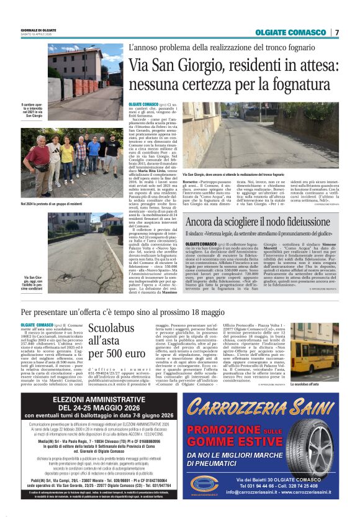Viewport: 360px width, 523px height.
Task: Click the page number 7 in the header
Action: [x=337, y=32]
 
